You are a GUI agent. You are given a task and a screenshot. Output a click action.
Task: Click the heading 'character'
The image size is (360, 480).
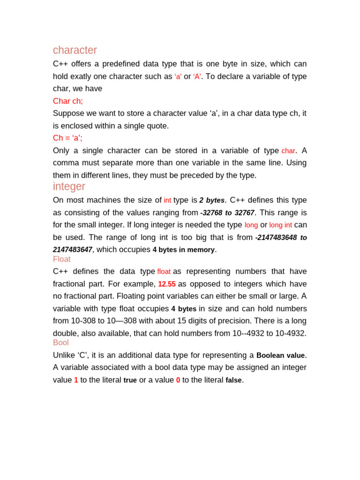coord(75,50)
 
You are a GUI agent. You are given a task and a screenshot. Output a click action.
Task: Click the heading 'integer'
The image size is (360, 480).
coord(69,187)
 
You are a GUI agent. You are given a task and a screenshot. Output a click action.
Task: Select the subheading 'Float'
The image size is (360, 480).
coord(62,259)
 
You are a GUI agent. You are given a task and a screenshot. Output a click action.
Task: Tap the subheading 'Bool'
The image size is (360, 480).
coord(61,343)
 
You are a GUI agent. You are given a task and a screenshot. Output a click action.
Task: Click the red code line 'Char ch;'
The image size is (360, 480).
coord(68,101)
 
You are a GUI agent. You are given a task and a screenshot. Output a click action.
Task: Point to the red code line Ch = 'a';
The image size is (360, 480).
coord(67,138)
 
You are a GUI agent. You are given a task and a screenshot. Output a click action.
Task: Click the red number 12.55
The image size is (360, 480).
coord(167,284)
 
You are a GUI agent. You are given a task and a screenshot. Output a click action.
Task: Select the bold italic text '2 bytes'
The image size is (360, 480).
coord(212,200)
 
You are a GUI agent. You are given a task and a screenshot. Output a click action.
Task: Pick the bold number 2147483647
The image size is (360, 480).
coord(73,249)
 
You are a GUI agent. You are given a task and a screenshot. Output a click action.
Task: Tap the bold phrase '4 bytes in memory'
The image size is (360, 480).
coord(184,250)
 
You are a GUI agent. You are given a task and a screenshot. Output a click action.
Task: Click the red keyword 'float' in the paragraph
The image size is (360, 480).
coord(164,272)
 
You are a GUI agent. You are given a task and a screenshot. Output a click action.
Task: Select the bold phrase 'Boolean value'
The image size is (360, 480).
coord(280,355)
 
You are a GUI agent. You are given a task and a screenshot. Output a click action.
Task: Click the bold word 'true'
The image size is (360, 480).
coord(130,380)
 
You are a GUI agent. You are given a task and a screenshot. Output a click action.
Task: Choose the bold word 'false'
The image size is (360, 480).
coord(233,380)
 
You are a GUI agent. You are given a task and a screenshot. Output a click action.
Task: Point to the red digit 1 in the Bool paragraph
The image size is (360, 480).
coord(76,380)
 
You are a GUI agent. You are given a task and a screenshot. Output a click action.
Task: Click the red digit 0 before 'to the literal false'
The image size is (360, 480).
coord(178,380)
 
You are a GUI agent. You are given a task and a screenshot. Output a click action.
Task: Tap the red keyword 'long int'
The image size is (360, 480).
coord(280,225)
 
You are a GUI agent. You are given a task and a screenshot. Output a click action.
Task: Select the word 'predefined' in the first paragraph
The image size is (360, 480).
coord(122,64)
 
